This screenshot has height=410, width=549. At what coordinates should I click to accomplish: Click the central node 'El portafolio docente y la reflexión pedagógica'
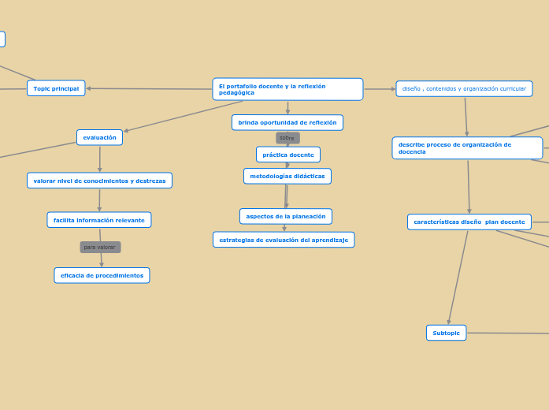click(287, 89)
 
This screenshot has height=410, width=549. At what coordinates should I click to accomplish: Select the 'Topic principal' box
click(56, 88)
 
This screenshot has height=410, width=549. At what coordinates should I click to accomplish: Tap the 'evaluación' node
click(99, 137)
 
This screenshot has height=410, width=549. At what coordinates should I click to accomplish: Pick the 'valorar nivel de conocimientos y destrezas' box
click(99, 181)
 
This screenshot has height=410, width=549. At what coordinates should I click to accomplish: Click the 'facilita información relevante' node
click(99, 220)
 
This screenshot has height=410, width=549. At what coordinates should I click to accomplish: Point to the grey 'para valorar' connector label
click(100, 247)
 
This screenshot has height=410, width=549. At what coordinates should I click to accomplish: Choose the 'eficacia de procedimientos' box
click(102, 275)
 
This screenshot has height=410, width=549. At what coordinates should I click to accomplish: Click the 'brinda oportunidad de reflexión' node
click(287, 122)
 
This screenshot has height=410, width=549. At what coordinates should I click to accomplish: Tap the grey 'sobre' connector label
click(287, 138)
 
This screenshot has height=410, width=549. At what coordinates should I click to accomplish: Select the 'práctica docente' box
click(287, 155)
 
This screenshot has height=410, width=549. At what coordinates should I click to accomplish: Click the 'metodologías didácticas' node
click(287, 176)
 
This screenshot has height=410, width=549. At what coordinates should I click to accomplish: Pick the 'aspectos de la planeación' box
click(285, 216)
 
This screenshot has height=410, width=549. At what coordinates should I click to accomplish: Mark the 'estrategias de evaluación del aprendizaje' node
click(284, 240)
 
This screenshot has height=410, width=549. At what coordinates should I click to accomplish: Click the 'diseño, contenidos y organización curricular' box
click(464, 88)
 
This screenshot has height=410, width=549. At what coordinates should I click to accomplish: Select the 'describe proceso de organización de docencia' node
click(467, 148)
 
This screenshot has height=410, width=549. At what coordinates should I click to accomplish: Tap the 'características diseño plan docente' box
click(469, 222)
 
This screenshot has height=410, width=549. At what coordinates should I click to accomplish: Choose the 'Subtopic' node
click(446, 333)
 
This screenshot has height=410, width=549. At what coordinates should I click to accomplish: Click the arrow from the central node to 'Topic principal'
click(150, 88)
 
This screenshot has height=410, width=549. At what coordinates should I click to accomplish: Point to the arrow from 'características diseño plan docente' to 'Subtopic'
click(458, 276)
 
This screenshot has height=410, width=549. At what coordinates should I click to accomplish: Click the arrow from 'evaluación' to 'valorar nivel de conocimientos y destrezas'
click(99, 159)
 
